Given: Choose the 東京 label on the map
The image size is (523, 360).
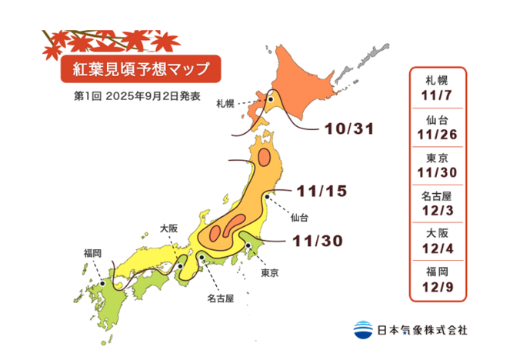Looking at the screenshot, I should tap(268, 272).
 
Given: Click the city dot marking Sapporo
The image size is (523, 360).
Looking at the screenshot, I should tap(270, 99).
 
